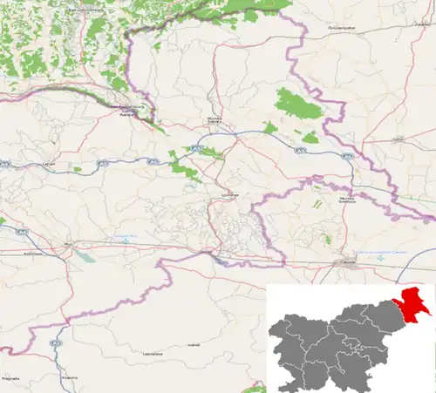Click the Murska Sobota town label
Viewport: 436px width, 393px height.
pyautogui.click(x=215, y=120)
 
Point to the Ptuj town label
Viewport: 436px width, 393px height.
pyautogui.click(x=66, y=246)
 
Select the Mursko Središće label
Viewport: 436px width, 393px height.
pyautogui.click(x=347, y=200)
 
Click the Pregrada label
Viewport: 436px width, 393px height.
pyautogui.click(x=10, y=379)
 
